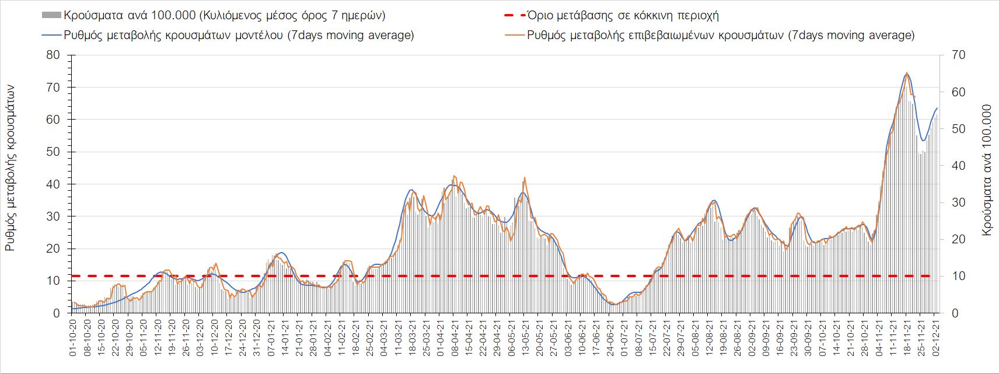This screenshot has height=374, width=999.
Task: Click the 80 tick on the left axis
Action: tap(53, 55)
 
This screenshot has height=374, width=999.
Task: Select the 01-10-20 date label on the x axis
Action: tap(73, 338)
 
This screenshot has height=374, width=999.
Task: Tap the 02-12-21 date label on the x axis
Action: tap(935, 338)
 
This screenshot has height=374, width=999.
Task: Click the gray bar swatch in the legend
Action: tap(51, 15)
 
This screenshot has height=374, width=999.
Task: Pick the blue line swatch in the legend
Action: tap(51, 35)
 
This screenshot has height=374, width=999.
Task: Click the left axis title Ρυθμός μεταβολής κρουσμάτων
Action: tap(10, 168)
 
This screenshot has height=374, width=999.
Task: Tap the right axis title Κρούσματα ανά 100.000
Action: tap(987, 170)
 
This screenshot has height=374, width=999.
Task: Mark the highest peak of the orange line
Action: tap(907, 73)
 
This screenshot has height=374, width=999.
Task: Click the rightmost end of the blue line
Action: tap(937, 108)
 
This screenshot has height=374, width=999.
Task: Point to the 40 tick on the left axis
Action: tap(53, 184)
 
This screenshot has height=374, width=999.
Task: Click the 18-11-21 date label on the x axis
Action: tap(907, 338)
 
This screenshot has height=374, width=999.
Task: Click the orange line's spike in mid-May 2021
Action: tap(525, 178)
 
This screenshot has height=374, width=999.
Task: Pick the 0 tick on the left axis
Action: tap(57, 313)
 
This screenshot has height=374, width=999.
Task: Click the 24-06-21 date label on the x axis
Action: tap(610, 338)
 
